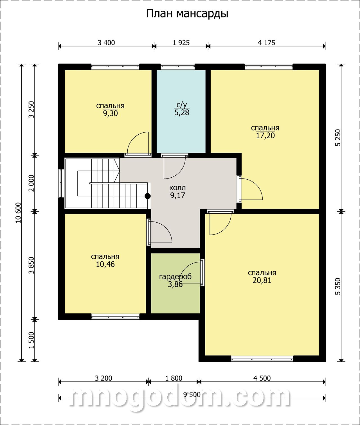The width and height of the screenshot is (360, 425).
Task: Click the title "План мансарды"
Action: coord(187,14)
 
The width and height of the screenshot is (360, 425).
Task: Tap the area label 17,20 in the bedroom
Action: coord(265,136)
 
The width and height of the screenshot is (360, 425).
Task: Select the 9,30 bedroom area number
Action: coord(111,114)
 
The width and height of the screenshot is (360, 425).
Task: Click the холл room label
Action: coord(177,188)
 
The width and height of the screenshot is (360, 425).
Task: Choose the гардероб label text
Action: coord(175,277)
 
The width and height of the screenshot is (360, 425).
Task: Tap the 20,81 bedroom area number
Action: coord(262,281)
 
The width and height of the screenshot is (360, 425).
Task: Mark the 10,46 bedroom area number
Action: coord(105,265)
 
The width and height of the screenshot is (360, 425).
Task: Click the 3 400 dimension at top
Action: coord(106,43)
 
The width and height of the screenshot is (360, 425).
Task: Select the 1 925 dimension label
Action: coord(181,43)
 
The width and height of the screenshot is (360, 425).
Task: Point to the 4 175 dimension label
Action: coord(266,43)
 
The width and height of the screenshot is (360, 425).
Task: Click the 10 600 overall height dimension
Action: coord(19,213)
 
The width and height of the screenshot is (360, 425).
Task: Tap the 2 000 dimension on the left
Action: coord(31,183)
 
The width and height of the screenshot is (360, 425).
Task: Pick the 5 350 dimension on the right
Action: coord(338,286)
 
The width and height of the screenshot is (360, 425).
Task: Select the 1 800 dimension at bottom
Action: coord(174,378)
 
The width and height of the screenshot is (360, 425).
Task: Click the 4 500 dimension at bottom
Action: coord(262,378)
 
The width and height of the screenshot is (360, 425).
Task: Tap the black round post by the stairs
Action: coord(148,196)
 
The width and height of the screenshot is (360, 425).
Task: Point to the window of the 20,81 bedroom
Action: coord(262,359)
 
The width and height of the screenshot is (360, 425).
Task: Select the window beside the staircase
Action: coord(61,183)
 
